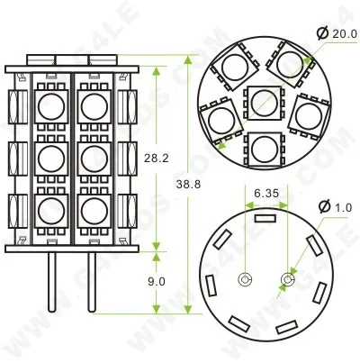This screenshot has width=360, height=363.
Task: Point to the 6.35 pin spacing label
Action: click(x=265, y=192)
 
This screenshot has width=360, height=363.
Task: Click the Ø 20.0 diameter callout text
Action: click(x=336, y=33)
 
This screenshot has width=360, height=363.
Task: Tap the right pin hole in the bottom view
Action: click(x=287, y=280)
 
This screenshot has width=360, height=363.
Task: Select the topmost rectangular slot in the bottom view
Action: click(x=265, y=216)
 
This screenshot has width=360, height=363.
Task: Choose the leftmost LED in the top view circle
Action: click(x=221, y=119)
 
